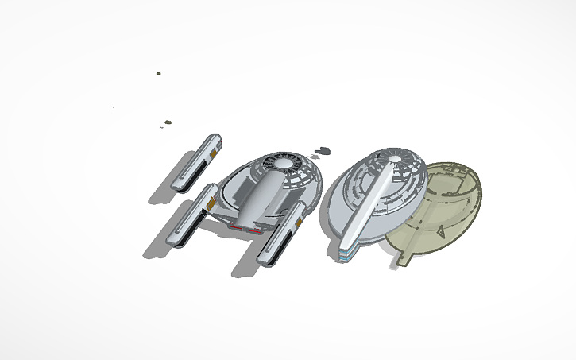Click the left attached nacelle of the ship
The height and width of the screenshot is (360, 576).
tap(189, 217)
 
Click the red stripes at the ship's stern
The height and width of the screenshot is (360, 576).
tap(245, 227)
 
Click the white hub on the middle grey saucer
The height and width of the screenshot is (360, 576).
tap(395, 163)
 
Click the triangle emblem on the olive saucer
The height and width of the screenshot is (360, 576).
tap(440, 231)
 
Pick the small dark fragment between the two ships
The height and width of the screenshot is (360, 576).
tap(322, 149)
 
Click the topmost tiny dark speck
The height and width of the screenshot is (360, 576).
tap(158, 73)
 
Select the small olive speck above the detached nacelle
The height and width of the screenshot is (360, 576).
tap(168, 122)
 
